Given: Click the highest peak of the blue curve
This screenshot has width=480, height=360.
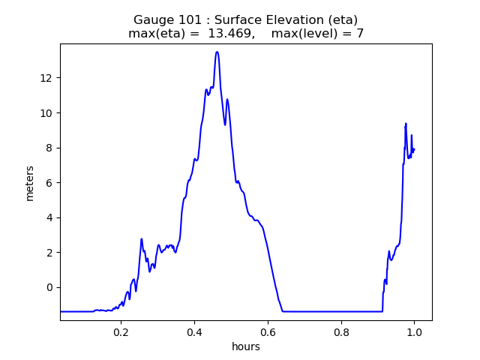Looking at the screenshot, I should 217,52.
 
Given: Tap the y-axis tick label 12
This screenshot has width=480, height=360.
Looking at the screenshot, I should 46,78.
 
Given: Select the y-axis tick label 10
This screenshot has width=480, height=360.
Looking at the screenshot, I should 46,113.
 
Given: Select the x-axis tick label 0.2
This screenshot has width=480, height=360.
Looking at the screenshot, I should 121,331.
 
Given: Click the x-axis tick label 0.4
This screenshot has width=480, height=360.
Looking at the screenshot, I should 194,331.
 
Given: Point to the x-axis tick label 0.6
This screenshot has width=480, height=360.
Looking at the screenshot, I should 268,331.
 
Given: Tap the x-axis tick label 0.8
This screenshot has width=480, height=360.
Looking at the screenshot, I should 341,331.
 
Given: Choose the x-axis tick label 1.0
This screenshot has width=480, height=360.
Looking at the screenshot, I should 414,331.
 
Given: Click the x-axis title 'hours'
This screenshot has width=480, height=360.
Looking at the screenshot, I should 246,346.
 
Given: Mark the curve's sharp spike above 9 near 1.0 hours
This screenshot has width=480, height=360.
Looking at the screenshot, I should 406,124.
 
